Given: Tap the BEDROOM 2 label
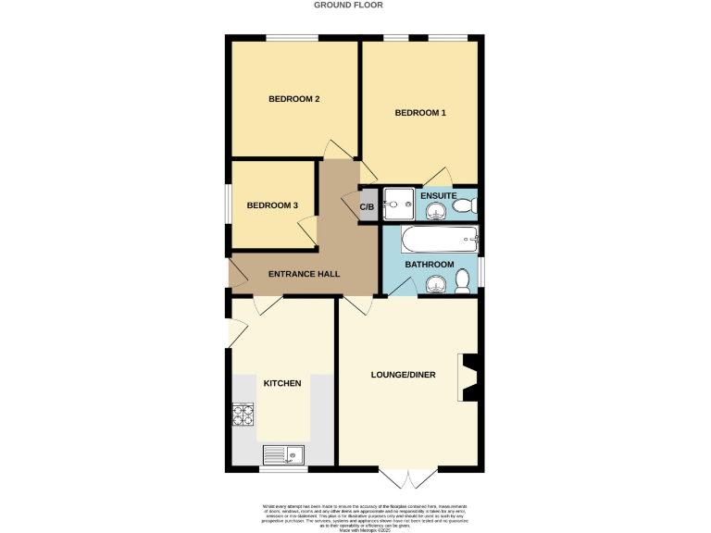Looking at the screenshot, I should tap(293, 99).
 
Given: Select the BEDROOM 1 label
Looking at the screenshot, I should tap(420, 113).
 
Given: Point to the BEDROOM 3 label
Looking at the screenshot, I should tap(272, 205).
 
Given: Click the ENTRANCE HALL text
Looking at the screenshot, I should tap(304, 274).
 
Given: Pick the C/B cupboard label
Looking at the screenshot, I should tap(368, 205).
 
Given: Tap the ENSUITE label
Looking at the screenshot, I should tap(438, 196).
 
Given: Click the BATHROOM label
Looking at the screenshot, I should tap(430, 265).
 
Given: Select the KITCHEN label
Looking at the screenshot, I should tap(282, 382).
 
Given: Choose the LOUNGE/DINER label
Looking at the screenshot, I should tap(403, 375).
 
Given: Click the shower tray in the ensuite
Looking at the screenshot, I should tap(399, 205).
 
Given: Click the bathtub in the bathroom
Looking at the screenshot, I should tap(439, 241).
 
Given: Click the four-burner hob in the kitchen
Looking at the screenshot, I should tap(243, 415).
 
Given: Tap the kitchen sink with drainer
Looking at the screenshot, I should tap(282, 454).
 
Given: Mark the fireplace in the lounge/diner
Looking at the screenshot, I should tap(468, 378).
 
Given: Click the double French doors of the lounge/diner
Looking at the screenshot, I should tap(408, 478).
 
